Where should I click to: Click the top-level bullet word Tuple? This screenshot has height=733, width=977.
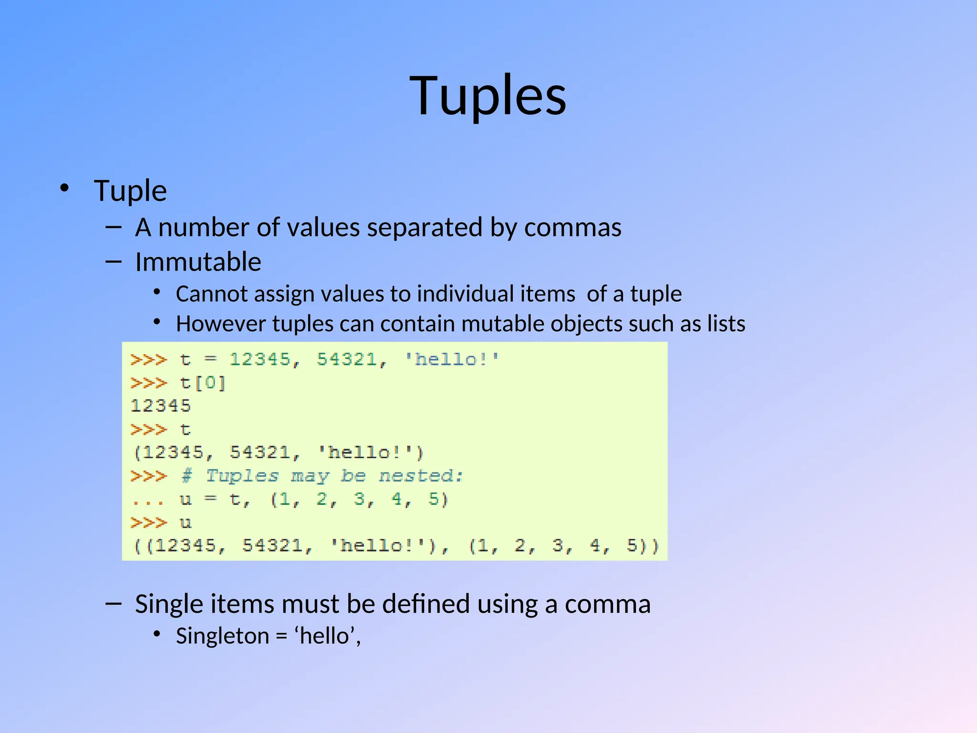tap(130, 191)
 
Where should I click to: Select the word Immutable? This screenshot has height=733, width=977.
tap(198, 262)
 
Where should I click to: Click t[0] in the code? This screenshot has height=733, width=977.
tap(202, 383)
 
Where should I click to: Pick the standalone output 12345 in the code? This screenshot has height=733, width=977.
tap(161, 406)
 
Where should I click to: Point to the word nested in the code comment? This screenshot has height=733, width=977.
tap(420, 476)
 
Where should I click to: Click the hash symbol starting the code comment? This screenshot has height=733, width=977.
tap(187, 476)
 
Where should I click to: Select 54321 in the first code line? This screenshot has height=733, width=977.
tap(347, 359)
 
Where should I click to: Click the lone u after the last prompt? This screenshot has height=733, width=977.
tap(186, 523)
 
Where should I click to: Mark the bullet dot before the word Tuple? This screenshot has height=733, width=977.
tap(64, 188)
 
